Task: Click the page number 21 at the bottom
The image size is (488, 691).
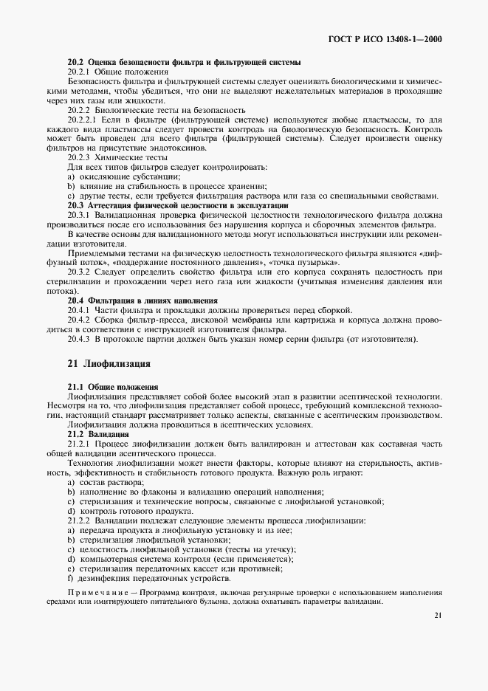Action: [438, 615]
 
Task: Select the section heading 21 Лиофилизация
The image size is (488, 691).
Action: [109, 364]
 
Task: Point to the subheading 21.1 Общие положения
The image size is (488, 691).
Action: [113, 387]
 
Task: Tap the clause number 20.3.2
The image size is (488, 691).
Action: [78, 272]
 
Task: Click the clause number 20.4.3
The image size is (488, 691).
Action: [78, 339]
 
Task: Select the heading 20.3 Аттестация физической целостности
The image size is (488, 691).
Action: [178, 204]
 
